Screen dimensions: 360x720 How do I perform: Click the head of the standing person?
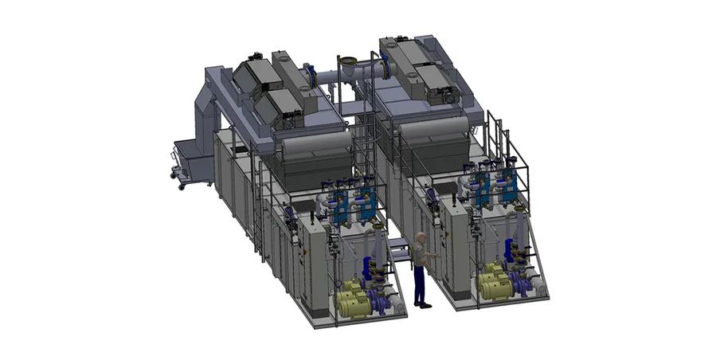[421, 237]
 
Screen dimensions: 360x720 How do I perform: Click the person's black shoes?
[424, 304]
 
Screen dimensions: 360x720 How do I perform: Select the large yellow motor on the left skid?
[351, 303]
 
